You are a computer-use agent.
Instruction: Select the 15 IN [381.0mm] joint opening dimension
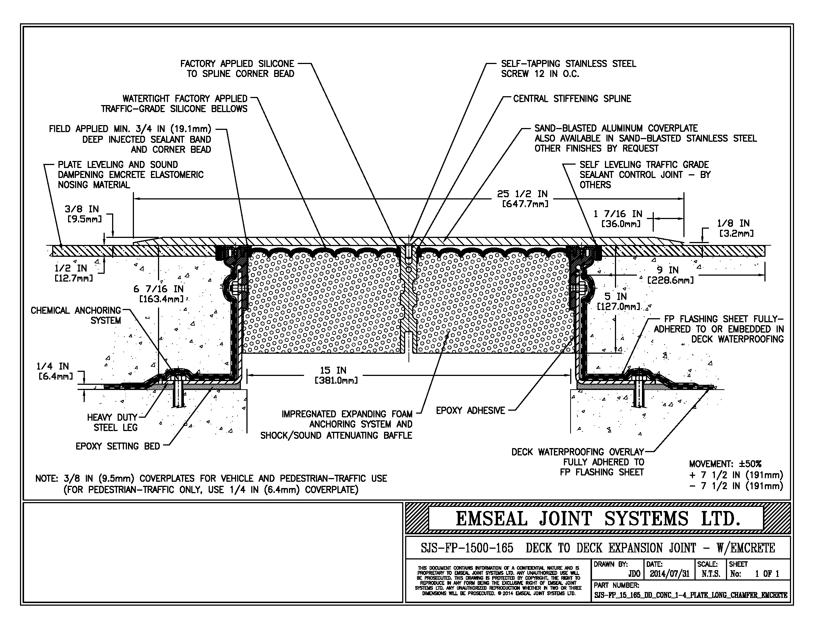(336, 375)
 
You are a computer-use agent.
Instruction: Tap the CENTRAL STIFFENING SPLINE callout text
(572, 99)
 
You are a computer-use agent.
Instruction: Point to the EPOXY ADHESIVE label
(470, 411)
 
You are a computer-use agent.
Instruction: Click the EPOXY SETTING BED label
(117, 446)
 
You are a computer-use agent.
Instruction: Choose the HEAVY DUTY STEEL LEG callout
(112, 422)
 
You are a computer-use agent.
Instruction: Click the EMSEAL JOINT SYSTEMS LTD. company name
(598, 519)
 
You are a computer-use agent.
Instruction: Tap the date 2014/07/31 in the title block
(670, 574)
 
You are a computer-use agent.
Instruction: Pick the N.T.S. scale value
(710, 574)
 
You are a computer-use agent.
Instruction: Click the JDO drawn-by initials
(634, 574)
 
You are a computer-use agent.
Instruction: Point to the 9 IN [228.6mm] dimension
(670, 275)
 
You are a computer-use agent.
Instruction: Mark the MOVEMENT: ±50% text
(725, 464)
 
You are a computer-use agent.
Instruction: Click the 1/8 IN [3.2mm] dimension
(735, 228)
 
